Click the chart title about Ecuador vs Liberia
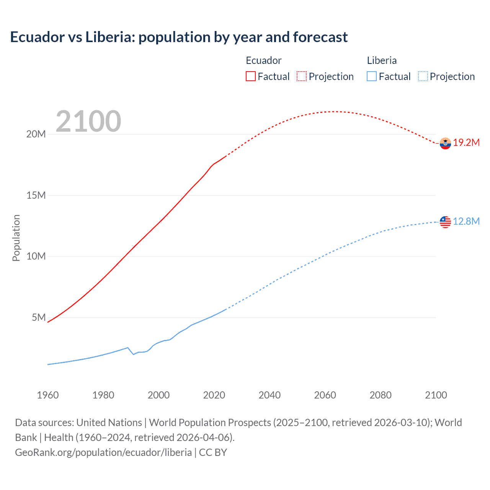pos(179,37)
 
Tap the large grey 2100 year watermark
pos(88,121)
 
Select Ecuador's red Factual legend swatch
pos(250,76)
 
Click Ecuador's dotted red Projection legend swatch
pos(302,76)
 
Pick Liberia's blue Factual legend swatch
pos(372,76)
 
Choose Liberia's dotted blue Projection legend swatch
pos(423,76)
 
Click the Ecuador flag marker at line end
pos(445,143)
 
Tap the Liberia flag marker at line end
pos(445,222)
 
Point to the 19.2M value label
pos(466,143)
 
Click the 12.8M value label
pos(466,222)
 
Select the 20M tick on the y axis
pos(36,134)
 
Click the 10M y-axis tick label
pos(36,256)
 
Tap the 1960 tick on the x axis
pos(48,395)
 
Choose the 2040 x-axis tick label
pos(269,395)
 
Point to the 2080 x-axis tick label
pos(381,395)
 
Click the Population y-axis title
pos(16,238)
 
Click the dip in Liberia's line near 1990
pos(133,354)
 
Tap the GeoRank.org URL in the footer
pos(103,452)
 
